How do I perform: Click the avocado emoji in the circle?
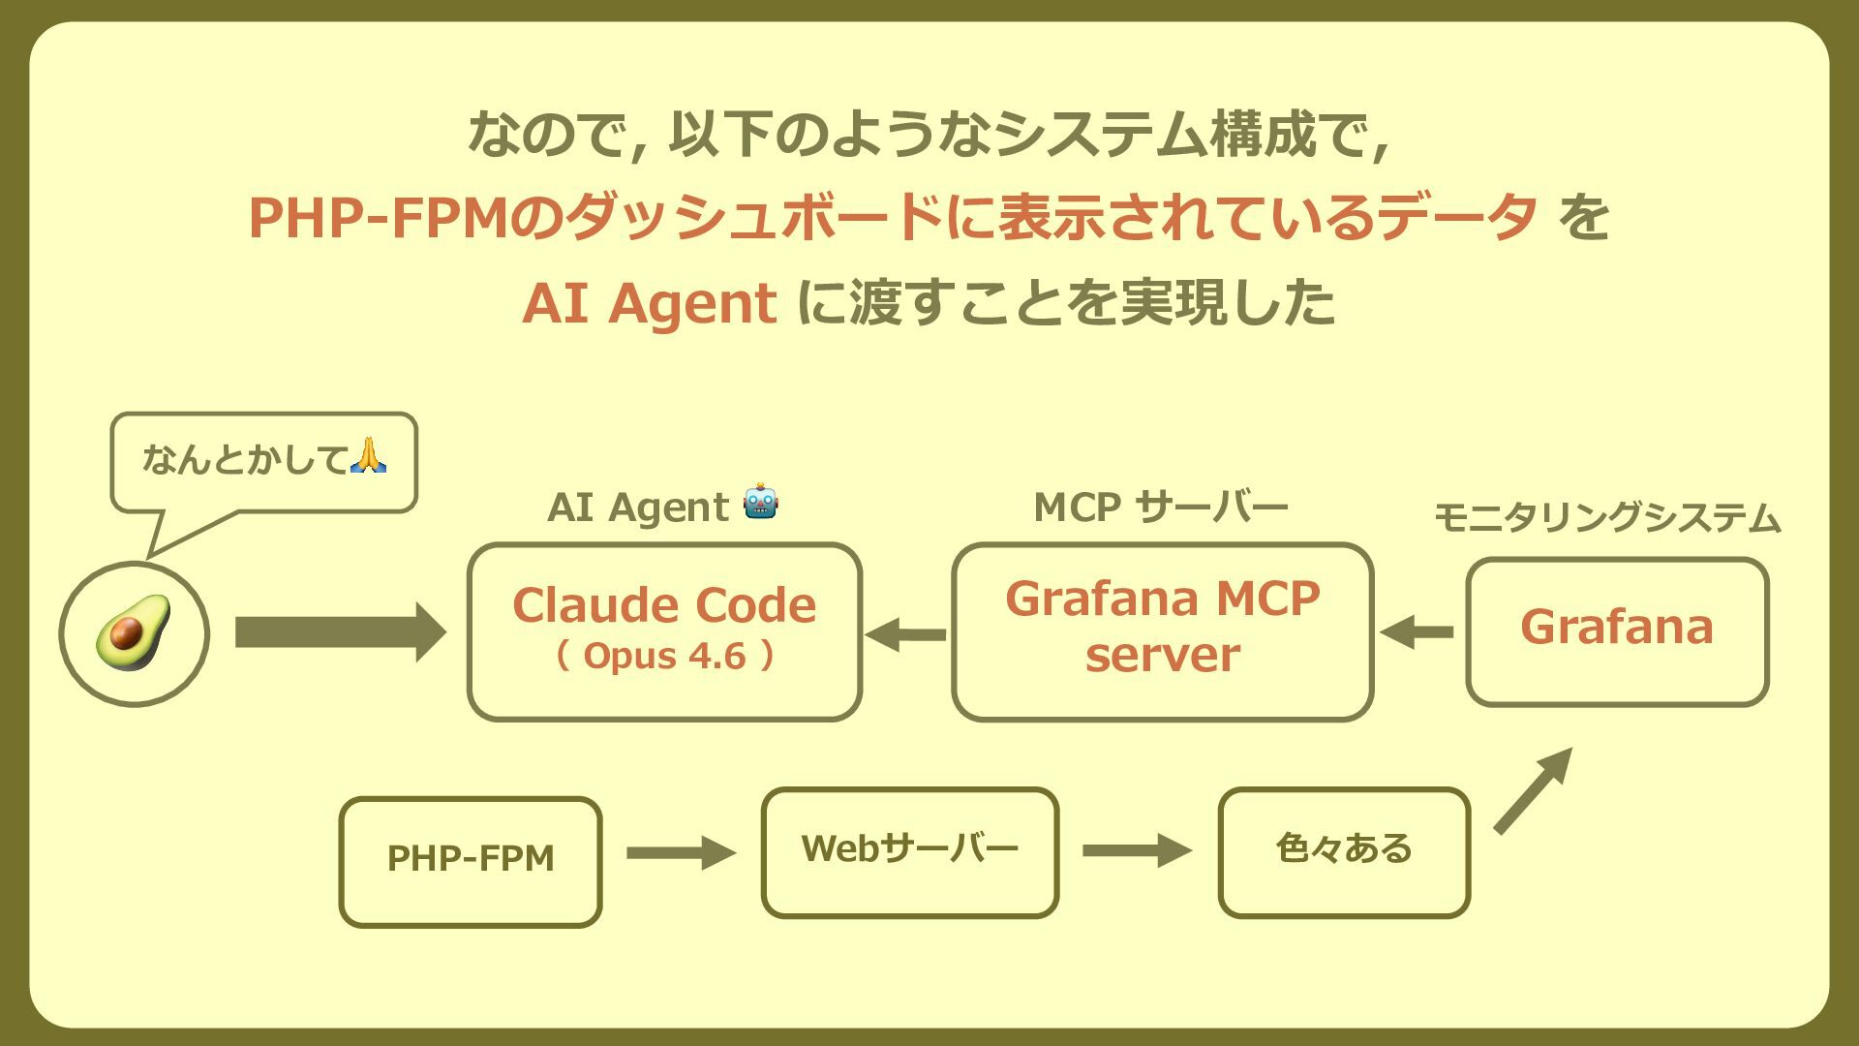[133, 632]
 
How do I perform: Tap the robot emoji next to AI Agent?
[761, 502]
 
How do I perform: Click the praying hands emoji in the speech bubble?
[368, 455]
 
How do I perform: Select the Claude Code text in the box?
[664, 605]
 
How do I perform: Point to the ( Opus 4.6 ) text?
[664, 657]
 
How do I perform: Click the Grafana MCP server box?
[1162, 631]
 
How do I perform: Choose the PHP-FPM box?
[471, 861]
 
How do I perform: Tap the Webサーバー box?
[909, 851]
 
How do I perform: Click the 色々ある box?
[1344, 851]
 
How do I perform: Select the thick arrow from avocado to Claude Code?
[339, 632]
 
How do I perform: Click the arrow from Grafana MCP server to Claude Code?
[906, 635]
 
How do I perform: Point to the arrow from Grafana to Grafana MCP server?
[1417, 632]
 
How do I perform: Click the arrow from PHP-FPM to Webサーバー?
[681, 853]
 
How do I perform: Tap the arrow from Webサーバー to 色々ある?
[1137, 850]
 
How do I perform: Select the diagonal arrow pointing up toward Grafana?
[1532, 790]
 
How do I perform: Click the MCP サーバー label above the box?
[1160, 508]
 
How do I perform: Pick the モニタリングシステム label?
[1606, 518]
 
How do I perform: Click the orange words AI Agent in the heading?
[649, 303]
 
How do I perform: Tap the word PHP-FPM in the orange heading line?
[378, 217]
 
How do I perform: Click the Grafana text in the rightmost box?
[1617, 627]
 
